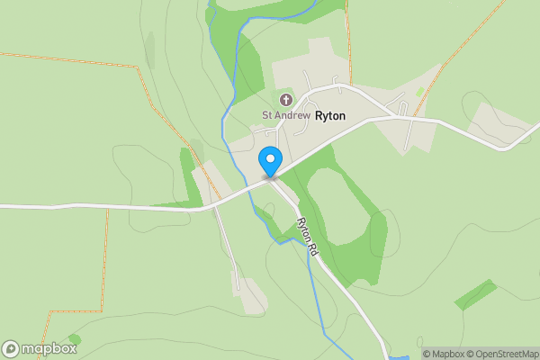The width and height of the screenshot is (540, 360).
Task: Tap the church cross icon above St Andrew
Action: click(x=286, y=98)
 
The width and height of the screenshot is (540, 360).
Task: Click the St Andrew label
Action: click(x=285, y=115)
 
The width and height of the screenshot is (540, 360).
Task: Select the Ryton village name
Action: click(x=331, y=115)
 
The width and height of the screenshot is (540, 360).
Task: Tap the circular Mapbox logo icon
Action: click(x=12, y=348)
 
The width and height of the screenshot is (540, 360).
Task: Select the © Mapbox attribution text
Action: click(x=443, y=354)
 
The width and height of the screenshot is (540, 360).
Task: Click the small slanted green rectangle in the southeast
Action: click(x=475, y=294)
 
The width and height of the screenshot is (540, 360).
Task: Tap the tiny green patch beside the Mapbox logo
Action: click(x=73, y=338)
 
